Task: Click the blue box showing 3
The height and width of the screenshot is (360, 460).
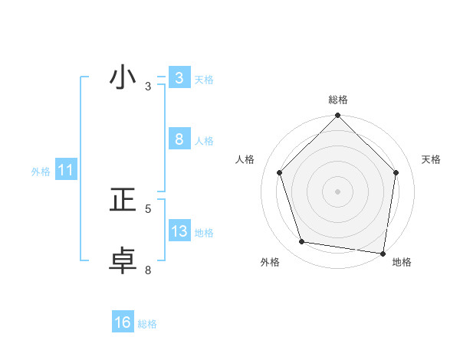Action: [x=179, y=78]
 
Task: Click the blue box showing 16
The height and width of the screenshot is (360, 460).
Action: [x=123, y=323]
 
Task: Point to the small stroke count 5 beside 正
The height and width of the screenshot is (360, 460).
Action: [x=148, y=208]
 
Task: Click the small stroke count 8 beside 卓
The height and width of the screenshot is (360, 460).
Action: [x=148, y=270]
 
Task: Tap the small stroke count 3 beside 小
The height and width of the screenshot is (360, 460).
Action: [x=148, y=87]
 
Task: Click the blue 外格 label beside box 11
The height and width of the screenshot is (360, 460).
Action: [x=41, y=172]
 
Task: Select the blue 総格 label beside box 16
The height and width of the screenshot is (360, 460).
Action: [x=147, y=324]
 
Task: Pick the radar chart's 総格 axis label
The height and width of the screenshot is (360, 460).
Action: [x=338, y=100]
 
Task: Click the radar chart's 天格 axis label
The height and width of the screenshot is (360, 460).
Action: [x=432, y=159]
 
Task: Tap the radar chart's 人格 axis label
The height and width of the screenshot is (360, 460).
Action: [x=245, y=159]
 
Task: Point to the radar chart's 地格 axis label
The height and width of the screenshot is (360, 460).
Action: [x=402, y=262]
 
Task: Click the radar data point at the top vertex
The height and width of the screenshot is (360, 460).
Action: [x=338, y=116]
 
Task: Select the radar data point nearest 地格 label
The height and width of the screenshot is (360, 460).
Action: [x=382, y=253]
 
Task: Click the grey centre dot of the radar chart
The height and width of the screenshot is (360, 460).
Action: [x=338, y=191]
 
